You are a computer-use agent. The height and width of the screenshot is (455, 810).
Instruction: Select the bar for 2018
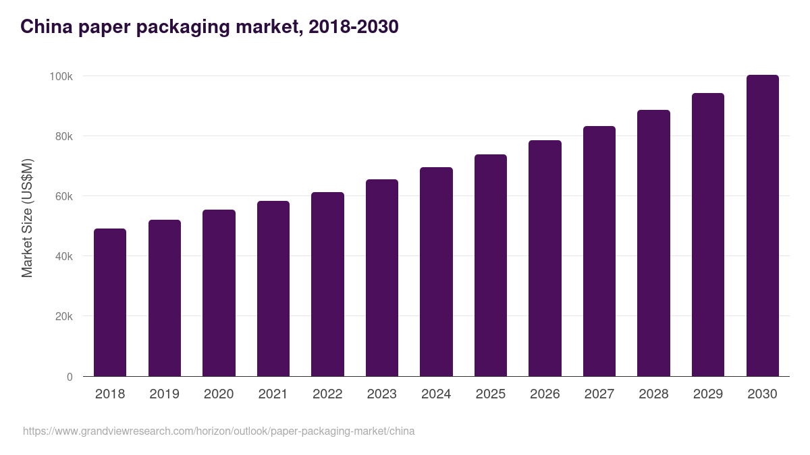(110, 303)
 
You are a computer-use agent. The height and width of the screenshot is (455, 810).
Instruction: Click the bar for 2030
(762, 226)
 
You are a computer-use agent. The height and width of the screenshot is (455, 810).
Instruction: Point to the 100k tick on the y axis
(61, 76)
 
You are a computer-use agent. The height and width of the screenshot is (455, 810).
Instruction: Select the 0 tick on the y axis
(70, 377)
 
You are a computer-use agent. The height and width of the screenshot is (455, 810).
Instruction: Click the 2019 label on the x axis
(164, 394)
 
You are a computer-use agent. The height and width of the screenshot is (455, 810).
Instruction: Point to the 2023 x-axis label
(382, 394)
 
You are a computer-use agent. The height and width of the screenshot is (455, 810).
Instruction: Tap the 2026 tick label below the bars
(545, 394)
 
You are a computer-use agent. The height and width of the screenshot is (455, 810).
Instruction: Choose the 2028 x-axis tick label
(653, 394)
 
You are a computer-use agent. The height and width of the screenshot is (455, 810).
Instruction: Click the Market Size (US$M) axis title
(27, 218)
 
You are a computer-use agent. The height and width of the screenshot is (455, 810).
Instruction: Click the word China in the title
(44, 27)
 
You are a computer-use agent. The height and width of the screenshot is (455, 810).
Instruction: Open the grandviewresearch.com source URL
(219, 431)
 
